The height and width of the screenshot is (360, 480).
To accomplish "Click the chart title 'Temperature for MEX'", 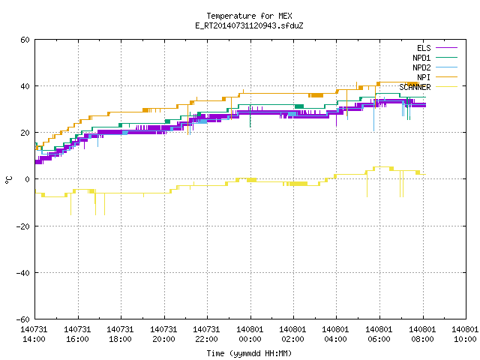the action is point(249,16).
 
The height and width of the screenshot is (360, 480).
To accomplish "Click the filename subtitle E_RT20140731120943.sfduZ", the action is point(249,25).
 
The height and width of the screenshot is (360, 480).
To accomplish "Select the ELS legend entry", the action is point(437,48).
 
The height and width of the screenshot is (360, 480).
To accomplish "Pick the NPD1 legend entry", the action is point(435,58).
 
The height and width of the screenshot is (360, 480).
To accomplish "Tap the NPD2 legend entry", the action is point(435,67).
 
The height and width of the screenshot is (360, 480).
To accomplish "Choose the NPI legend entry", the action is point(437,77).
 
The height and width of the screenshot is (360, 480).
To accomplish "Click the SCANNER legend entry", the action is point(428,87).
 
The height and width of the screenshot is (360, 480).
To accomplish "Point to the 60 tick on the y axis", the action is point(25,40).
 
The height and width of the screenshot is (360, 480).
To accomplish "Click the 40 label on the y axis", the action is point(25,86).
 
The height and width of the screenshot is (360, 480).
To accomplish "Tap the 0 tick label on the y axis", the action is point(28,179).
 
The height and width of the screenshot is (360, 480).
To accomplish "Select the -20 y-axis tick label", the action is point(23,226).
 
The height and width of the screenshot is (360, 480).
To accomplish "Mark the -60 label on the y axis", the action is point(23,319).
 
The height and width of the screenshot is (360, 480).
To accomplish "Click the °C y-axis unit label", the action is point(8,180).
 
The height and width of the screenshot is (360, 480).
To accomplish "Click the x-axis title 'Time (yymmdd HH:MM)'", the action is point(249,353).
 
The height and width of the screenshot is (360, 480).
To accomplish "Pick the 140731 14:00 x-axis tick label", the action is point(34,334).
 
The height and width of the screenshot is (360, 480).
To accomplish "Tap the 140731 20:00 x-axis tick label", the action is point(163,334).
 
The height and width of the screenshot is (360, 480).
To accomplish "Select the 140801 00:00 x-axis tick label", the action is point(250,334).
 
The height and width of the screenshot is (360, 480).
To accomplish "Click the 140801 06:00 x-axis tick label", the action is point(379,334).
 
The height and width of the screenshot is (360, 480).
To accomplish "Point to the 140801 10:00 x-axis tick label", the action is point(465,334).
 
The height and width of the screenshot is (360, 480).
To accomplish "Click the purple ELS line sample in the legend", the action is point(447,48).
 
